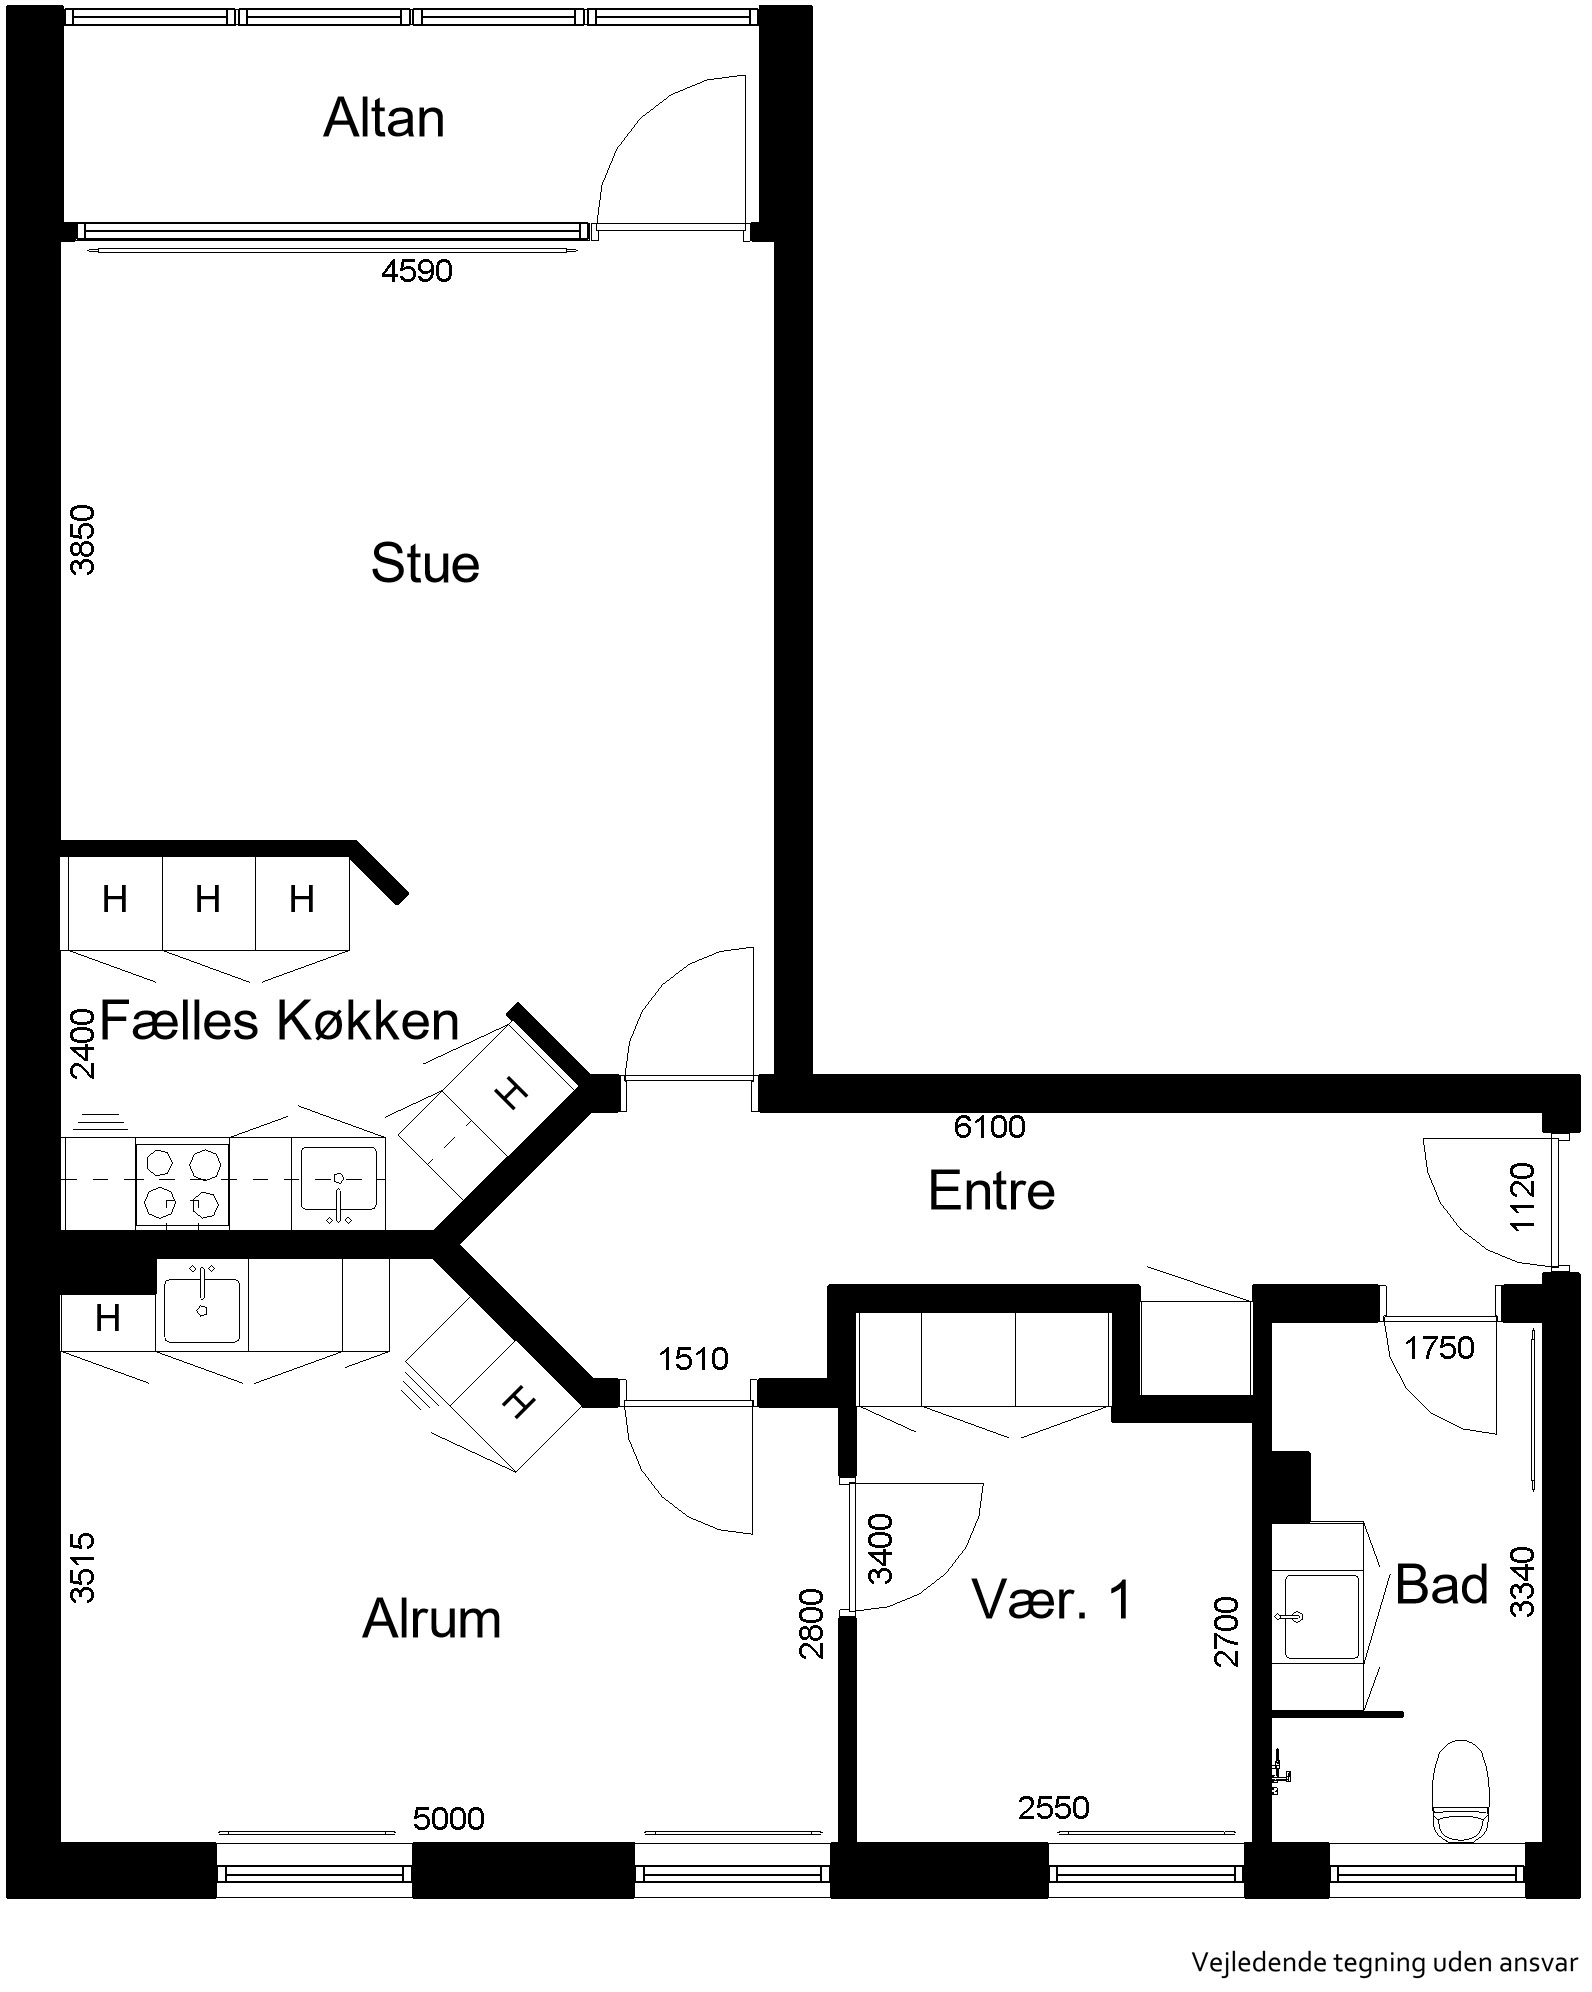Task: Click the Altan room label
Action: [384, 119]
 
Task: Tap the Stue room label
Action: [425, 563]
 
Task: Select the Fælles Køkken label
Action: [280, 1021]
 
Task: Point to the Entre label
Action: [991, 1191]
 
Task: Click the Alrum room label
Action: [431, 1619]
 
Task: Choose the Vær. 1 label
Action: [1052, 1599]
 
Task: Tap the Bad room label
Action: [1442, 1585]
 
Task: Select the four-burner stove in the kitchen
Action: [182, 1186]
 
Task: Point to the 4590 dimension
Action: [417, 271]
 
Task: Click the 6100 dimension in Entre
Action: [989, 1127]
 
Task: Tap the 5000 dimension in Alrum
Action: [449, 1818]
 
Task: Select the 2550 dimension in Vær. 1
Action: [1054, 1808]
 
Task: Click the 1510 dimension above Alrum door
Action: [694, 1358]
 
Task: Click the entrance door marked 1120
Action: [1487, 1206]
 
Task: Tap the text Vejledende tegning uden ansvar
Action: [1384, 1962]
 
